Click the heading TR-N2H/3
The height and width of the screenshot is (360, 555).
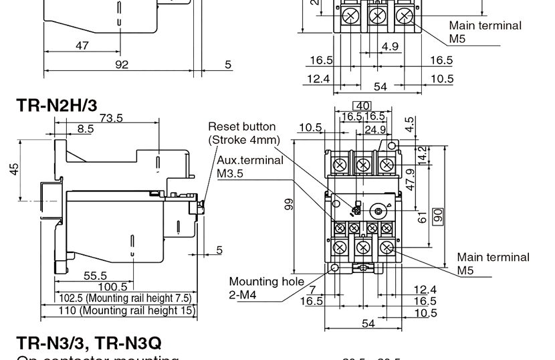57,105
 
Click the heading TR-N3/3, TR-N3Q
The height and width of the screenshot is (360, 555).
89,343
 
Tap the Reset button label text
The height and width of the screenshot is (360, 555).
241,132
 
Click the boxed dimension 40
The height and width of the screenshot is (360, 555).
362,106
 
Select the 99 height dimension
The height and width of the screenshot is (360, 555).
289,204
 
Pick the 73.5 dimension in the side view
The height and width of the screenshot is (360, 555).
111,118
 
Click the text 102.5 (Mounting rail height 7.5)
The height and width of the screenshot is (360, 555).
125,298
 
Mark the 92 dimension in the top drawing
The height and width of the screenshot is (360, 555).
121,65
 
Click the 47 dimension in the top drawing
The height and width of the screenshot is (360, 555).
82,46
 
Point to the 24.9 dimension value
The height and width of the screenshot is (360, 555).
374,128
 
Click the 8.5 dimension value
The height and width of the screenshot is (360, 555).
85,129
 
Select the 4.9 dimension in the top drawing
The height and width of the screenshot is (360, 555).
390,47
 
